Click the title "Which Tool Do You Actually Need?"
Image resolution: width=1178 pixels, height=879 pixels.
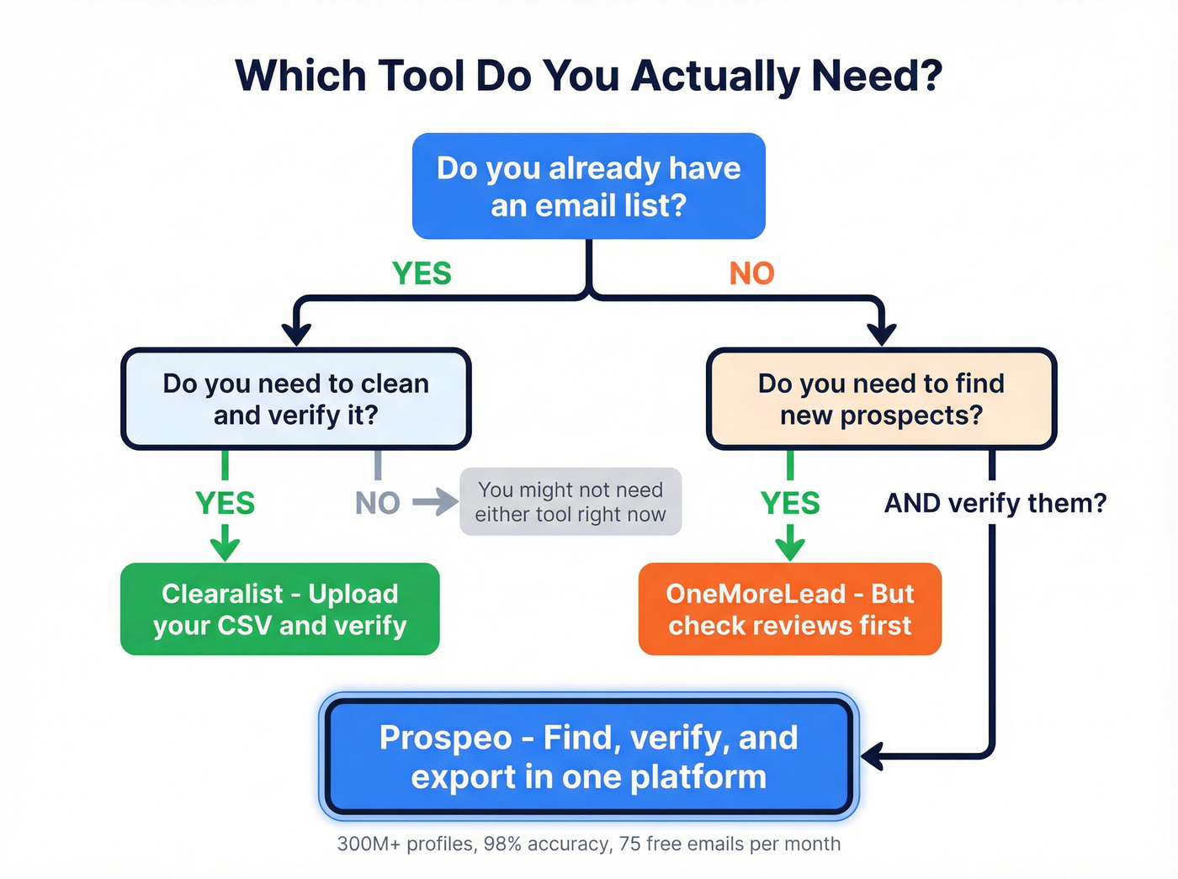[x=588, y=76]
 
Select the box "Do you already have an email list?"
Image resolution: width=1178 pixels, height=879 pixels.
[x=588, y=186]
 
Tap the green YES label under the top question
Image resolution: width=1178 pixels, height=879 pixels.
[x=422, y=273]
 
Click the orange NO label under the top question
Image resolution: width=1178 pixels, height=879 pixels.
[x=751, y=273]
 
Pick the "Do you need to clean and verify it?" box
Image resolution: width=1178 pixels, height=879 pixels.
[x=296, y=399]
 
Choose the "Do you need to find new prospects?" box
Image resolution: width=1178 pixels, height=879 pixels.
[x=881, y=399]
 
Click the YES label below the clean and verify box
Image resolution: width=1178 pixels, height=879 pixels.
[x=225, y=503]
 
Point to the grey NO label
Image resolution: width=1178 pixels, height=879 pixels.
[x=377, y=503]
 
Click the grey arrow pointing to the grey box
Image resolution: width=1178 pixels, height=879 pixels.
[x=436, y=503]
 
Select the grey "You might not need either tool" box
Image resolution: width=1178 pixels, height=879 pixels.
[x=570, y=502]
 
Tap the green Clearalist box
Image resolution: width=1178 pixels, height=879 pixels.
[x=280, y=609]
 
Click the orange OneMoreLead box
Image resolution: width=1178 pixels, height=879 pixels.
[x=789, y=609]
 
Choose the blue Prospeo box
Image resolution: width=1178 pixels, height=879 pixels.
[x=588, y=757]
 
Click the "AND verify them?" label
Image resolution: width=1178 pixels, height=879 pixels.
[x=995, y=503]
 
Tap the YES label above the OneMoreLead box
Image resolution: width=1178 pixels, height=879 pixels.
[x=789, y=503]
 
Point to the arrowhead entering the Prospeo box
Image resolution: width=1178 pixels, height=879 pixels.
[x=872, y=756]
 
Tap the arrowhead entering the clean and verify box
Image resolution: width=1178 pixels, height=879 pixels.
[x=296, y=335]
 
